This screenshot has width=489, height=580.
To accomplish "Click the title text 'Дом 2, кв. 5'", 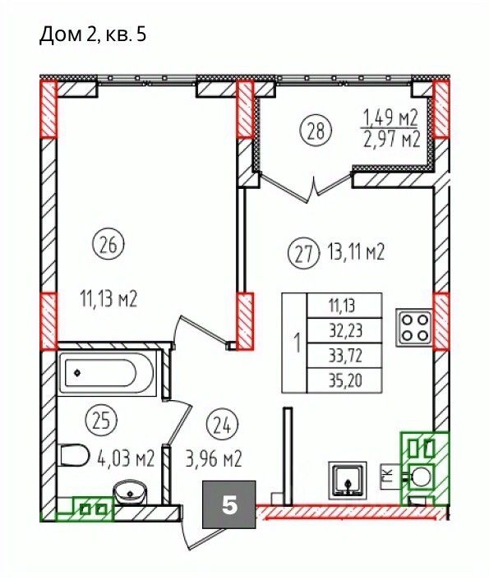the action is [93, 36].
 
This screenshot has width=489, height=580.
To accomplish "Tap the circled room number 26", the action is [108, 246].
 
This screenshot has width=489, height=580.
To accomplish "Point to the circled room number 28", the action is [316, 131].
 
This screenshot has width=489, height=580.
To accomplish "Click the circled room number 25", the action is [101, 421].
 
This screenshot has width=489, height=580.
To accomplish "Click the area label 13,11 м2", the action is [355, 253].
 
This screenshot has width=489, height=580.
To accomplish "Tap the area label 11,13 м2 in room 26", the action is [108, 299].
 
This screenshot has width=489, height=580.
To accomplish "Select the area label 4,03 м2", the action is [126, 458].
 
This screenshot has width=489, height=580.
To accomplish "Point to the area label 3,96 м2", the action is [214, 459].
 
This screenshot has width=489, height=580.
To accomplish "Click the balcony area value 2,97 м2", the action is [392, 140].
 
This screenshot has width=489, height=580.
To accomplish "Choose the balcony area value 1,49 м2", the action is [391, 119].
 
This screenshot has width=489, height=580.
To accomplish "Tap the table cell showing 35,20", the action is [345, 380].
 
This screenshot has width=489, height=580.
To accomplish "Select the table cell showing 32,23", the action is [345, 330].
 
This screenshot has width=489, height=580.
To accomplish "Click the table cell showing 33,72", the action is [345, 356].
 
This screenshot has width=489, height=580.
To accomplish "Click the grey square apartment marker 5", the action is [229, 504].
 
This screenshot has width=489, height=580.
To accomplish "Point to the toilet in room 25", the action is [74, 455].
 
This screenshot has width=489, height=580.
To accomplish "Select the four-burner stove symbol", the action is [414, 328].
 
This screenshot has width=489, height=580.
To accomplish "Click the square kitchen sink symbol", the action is [347, 479].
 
